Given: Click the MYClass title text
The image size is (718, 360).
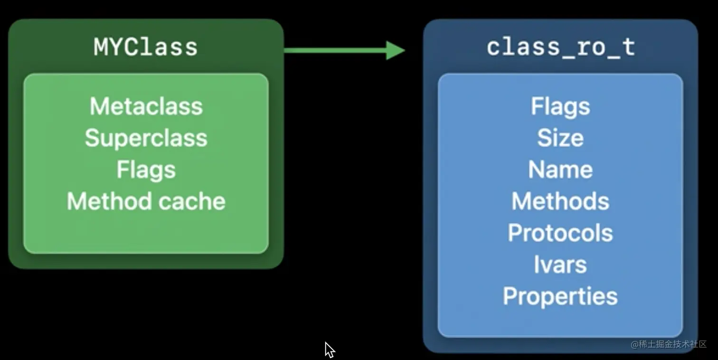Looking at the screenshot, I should click(x=145, y=47).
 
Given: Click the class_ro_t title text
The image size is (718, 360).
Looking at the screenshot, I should click(x=560, y=47).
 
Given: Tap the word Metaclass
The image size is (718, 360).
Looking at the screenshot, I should click(x=146, y=106).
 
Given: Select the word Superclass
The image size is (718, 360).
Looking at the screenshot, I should click(x=146, y=138).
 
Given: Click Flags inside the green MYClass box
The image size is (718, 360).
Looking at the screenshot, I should click(x=146, y=170).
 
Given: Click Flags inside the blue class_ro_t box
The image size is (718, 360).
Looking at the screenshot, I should click(x=560, y=106).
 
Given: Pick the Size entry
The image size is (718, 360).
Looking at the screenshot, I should click(x=560, y=138).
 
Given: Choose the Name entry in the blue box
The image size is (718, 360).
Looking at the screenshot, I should click(x=560, y=170).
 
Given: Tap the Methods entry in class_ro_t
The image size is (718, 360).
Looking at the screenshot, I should click(x=560, y=201).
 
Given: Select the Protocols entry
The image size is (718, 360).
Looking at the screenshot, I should click(x=560, y=233).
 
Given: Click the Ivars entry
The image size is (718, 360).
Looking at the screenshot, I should click(x=560, y=265).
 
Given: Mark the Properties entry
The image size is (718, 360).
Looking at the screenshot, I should click(x=560, y=296).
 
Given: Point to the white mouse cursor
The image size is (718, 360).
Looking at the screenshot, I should click(x=329, y=350).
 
